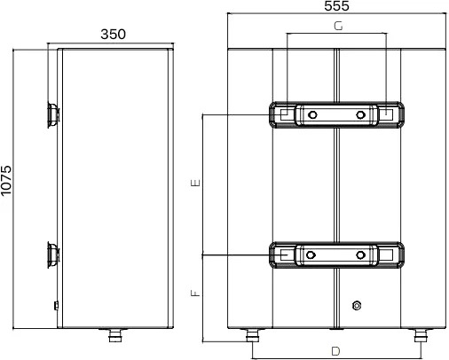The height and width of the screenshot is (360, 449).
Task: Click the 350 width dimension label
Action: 113,35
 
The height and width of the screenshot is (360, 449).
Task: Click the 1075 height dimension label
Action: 6,180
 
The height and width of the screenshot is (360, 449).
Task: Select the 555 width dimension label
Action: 336,6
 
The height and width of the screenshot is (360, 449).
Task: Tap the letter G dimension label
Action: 338,26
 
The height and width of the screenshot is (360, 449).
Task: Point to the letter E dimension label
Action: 196,183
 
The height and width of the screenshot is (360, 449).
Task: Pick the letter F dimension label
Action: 196,293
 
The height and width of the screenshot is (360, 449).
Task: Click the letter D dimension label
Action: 335,351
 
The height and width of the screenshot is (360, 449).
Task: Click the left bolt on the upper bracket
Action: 312,114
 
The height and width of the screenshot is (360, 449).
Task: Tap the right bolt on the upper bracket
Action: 360,114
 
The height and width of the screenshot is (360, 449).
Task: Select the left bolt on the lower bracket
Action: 311,254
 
